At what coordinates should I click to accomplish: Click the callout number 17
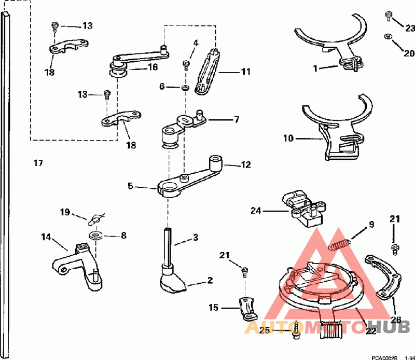point(38,163)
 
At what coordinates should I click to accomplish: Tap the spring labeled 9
point(340,244)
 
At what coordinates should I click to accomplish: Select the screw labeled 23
point(389,16)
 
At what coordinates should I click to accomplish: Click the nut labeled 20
point(388,37)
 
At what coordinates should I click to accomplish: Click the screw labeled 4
point(185,64)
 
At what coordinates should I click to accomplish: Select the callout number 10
point(288,139)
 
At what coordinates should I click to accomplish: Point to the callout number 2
point(210,281)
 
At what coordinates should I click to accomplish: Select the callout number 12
point(245,165)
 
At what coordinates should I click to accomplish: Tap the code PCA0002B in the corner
point(384,357)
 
